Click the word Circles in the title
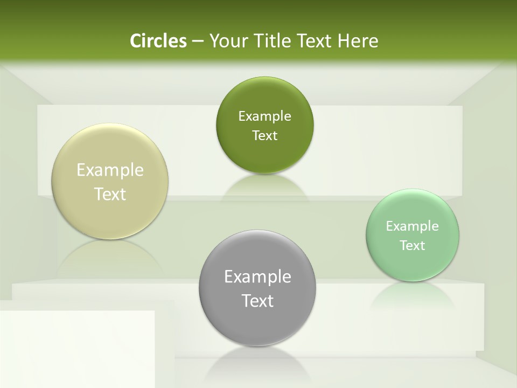(158, 41)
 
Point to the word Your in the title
(226, 41)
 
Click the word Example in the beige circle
(110, 170)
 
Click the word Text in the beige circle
(110, 194)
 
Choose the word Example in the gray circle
(257, 277)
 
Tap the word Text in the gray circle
(257, 301)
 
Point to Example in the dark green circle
(264, 116)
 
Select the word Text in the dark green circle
(264, 136)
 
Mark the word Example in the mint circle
(413, 226)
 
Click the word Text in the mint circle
(413, 246)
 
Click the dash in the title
(197, 41)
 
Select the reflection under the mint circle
(413, 294)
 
